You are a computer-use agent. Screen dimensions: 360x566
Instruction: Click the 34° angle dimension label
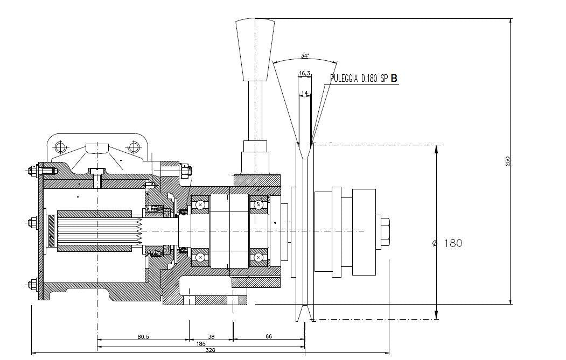(x=305, y=55)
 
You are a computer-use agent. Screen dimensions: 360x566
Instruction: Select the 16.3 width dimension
(x=304, y=73)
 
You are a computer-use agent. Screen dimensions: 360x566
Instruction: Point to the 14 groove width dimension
(x=305, y=93)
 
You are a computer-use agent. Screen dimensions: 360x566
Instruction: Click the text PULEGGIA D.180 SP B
(x=364, y=79)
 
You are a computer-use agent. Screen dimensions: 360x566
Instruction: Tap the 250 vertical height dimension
(x=507, y=161)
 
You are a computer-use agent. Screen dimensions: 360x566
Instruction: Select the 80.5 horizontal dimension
(x=143, y=336)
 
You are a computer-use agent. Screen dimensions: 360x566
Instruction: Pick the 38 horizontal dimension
(x=211, y=336)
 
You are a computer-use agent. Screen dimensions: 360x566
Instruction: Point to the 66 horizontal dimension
(x=269, y=336)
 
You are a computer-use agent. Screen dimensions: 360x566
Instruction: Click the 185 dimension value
(x=201, y=343)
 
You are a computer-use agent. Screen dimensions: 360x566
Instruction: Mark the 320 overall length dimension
(x=211, y=350)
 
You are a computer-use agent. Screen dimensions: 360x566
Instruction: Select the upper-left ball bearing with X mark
(x=200, y=204)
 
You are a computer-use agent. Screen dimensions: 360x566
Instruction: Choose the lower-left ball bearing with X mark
(x=200, y=257)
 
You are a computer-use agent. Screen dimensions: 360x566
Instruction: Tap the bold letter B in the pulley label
(x=394, y=79)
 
